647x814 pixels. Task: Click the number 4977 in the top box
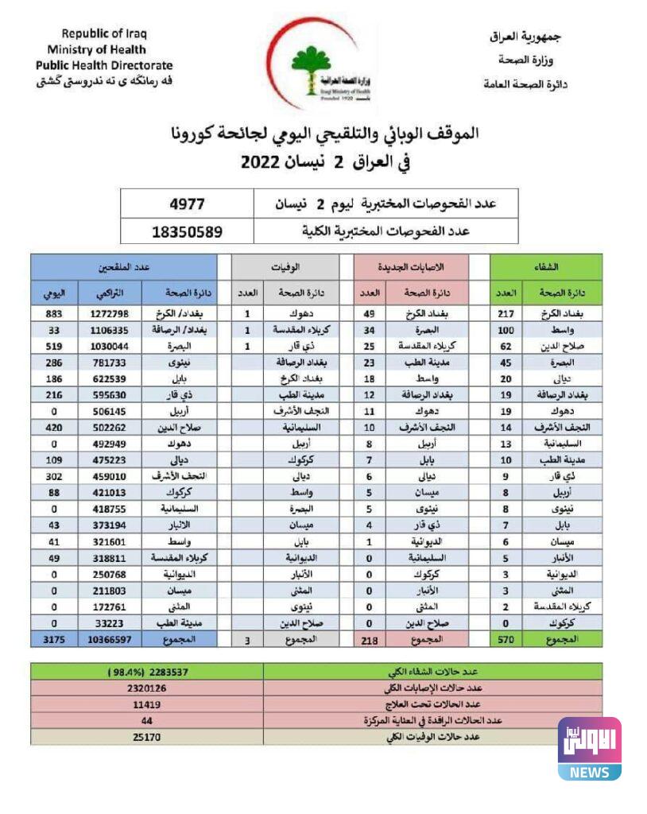coord(188,203)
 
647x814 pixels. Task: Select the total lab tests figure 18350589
coord(188,232)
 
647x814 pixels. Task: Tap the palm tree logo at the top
coord(310,64)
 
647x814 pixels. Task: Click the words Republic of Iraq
coord(104,33)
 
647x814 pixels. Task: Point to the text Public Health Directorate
coord(104,65)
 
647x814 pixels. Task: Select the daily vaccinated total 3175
coord(54,639)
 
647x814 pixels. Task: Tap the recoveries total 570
coord(505,639)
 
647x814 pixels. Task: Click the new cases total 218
coord(369,640)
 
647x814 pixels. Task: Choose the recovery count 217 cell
coord(506,313)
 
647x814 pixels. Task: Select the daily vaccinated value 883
coord(54,313)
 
